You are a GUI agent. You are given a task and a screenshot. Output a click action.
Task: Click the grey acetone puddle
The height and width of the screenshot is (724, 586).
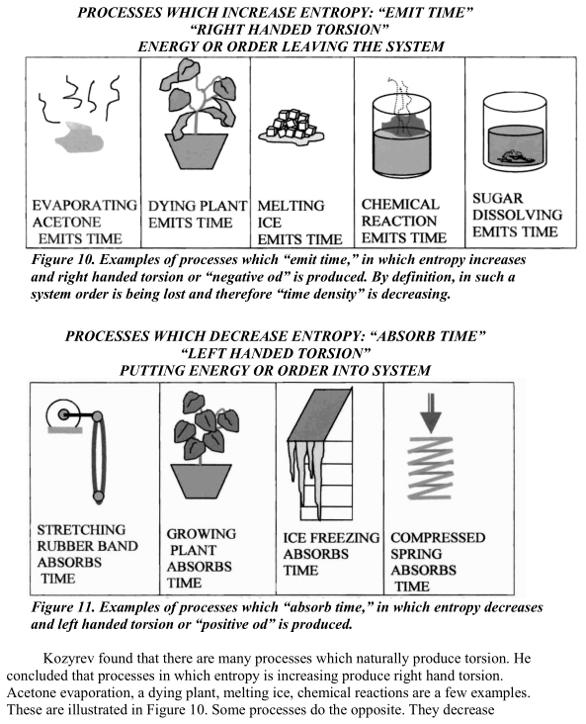coord(79,137)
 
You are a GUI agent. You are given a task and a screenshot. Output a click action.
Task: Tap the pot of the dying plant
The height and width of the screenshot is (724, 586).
coord(197,151)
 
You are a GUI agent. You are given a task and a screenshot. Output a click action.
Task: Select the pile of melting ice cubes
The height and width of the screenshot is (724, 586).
coord(292,126)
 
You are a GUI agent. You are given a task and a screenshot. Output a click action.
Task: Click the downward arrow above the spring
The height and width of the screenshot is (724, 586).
coord(431,412)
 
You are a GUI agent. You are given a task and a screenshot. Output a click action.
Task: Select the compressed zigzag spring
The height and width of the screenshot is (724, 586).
coord(431,468)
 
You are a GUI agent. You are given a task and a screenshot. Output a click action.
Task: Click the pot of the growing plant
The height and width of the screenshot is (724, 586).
coord(201,481)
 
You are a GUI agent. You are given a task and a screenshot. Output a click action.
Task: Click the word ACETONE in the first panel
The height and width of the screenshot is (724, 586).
coord(66,223)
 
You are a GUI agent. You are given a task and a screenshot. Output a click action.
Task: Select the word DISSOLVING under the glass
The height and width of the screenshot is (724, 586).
coord(517,216)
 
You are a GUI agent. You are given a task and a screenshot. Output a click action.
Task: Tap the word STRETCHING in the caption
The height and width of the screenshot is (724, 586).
coord(81,529)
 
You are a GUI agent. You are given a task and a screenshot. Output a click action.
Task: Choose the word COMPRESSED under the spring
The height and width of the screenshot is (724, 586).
coord(438,537)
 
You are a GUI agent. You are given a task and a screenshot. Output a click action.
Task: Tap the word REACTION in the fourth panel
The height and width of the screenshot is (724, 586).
coord(399,222)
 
